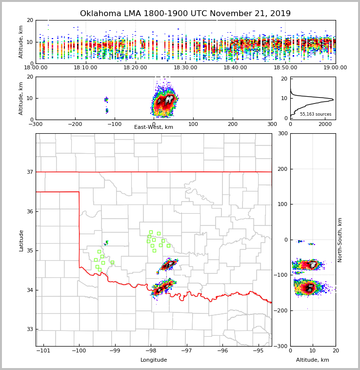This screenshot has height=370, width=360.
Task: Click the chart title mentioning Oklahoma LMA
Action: pyautogui.click(x=185, y=14)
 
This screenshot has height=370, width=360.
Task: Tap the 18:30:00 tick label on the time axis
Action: pyautogui.click(x=185, y=67)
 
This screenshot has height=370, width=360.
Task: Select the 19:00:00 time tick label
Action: pyautogui.click(x=335, y=67)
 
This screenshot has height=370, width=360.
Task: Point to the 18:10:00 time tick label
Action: pyautogui.click(x=85, y=67)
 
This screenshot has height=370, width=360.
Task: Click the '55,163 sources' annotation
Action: pyautogui.click(x=316, y=114)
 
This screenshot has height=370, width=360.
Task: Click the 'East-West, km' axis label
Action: pyautogui.click(x=154, y=127)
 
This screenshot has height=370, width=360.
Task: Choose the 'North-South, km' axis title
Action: pyautogui.click(x=340, y=240)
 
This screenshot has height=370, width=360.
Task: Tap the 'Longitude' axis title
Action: pyautogui.click(x=154, y=360)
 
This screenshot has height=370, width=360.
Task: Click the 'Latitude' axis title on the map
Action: pyautogui.click(x=21, y=240)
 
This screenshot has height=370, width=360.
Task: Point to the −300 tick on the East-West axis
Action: pyautogui.click(x=36, y=124)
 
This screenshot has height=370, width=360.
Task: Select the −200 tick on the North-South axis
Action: pyautogui.click(x=281, y=310)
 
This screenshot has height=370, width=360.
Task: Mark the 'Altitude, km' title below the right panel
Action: pyautogui.click(x=313, y=360)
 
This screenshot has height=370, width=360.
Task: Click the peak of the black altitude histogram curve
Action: pyautogui.click(x=333, y=100)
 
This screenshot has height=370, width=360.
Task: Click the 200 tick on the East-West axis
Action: pyautogui.click(x=233, y=124)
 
